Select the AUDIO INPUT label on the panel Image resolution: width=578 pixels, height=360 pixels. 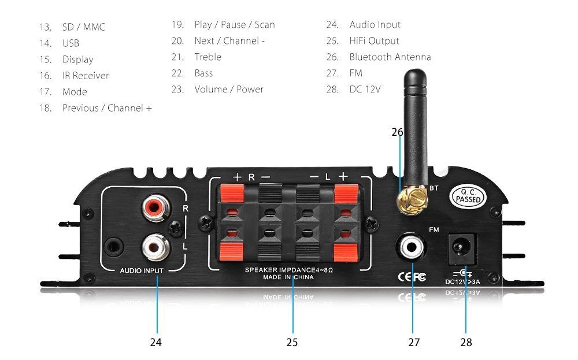(142, 270)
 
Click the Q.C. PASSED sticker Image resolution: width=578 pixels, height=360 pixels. (468, 196)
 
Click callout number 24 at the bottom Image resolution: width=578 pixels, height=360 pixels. (155, 342)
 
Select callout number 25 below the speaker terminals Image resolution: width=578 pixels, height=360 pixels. (292, 342)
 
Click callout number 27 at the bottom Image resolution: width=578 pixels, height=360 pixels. (414, 342)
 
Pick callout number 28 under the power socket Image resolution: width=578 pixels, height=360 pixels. (466, 342)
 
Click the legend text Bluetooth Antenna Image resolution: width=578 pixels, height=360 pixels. (390, 57)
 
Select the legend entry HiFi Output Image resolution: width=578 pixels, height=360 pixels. (374, 40)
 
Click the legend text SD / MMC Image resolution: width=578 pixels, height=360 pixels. (84, 27)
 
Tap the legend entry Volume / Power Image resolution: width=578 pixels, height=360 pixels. (229, 89)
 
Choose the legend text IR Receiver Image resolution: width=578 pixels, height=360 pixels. (86, 76)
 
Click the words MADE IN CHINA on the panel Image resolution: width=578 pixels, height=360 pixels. (288, 277)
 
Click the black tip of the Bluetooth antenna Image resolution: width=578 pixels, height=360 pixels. (414, 78)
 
